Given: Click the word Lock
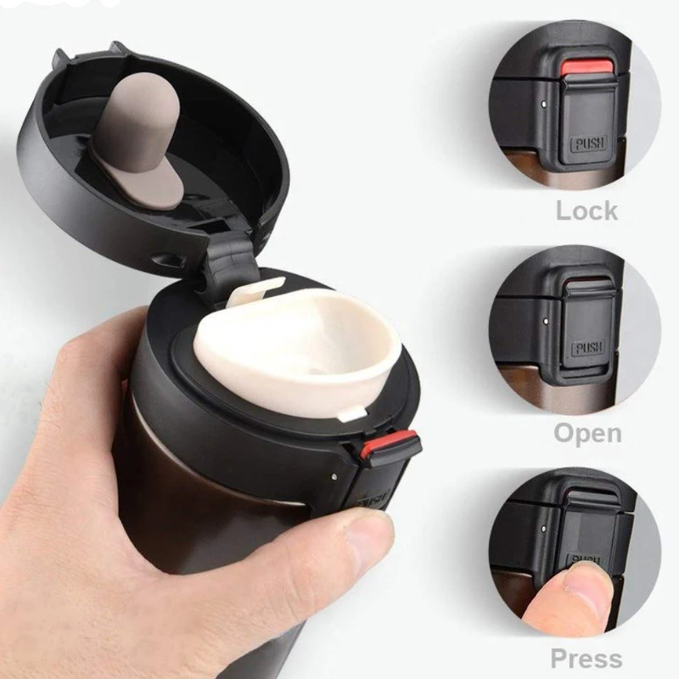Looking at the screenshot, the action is pyautogui.click(x=586, y=210).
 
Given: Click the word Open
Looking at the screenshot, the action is pyautogui.click(x=587, y=433).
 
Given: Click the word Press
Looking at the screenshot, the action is pyautogui.click(x=586, y=659).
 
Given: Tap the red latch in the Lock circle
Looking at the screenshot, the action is pyautogui.click(x=587, y=68).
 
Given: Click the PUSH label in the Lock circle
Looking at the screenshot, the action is pyautogui.click(x=589, y=143).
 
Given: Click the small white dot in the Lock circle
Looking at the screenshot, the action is pyautogui.click(x=543, y=104).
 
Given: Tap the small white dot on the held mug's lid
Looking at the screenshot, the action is pyautogui.click(x=334, y=476).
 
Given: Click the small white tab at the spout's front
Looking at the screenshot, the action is pyautogui.click(x=351, y=413).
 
